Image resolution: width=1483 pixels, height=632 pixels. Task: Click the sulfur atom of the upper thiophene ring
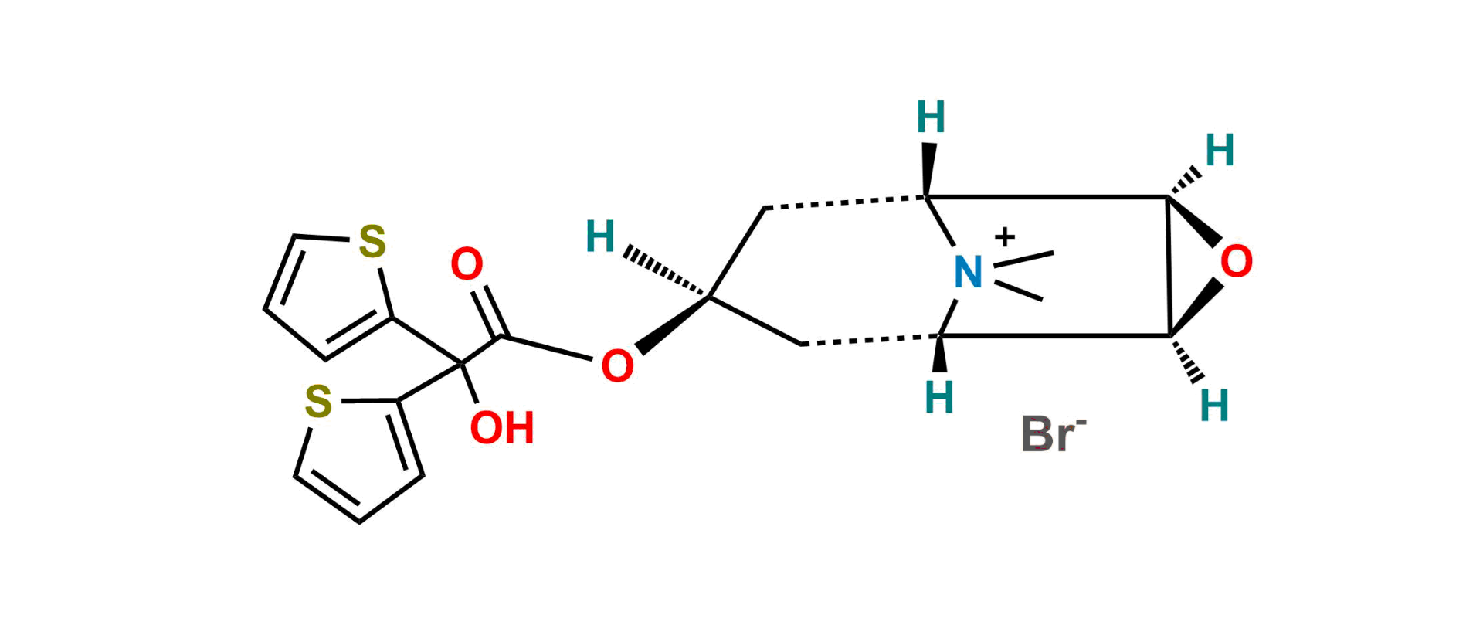click(372, 242)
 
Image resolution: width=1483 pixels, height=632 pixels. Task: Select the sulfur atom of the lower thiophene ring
click(318, 403)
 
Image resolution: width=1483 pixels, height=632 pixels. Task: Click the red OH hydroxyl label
click(502, 428)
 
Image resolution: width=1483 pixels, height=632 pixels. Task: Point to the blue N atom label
click(967, 272)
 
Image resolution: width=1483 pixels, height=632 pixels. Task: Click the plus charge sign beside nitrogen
click(1004, 237)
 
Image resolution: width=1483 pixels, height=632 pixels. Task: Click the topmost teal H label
click(931, 117)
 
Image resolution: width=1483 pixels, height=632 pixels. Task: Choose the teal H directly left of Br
click(939, 397)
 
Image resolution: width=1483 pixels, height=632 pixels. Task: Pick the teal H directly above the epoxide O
click(1220, 151)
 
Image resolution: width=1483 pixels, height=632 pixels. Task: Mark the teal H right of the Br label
click(1214, 405)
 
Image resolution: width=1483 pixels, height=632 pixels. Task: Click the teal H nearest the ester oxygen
click(601, 236)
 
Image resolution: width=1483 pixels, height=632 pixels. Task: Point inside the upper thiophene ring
click(324, 294)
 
